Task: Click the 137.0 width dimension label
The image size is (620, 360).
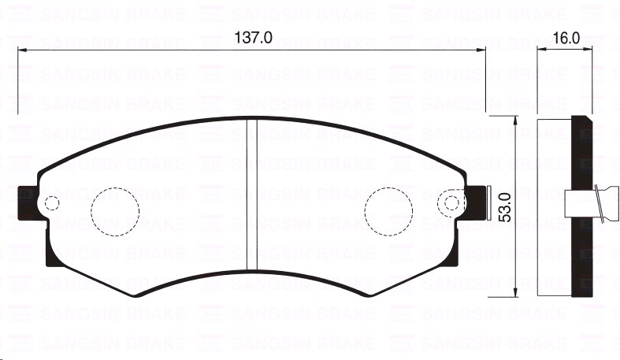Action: [x=253, y=37]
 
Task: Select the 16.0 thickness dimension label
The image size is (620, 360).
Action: [x=566, y=37]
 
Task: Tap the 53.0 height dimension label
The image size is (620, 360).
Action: [x=506, y=207]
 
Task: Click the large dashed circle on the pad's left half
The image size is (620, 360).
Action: [x=115, y=210]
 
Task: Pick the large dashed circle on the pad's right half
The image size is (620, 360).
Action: [x=389, y=210]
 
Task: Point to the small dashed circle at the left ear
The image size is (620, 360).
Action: [x=51, y=203]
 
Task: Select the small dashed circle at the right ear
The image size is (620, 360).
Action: [x=452, y=203]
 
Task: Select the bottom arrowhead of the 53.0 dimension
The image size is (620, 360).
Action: [x=515, y=292]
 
